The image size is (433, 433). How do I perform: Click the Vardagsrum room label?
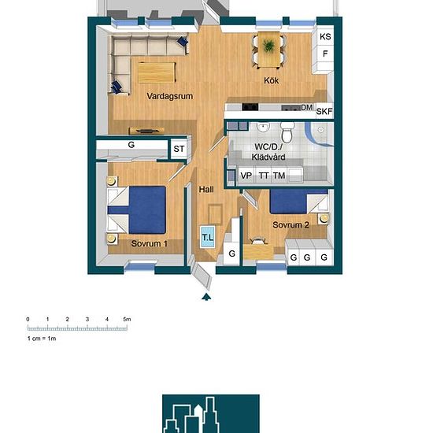tap(170, 96)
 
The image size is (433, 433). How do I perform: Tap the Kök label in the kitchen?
tap(271, 80)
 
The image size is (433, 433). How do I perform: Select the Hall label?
tap(206, 190)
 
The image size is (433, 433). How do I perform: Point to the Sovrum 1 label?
tap(149, 243)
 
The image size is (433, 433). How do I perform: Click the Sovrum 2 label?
tap(291, 225)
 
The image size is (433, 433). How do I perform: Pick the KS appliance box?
tap(325, 36)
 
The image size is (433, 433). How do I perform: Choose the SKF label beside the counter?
tap(324, 111)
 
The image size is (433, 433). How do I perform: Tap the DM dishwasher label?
tap(307, 107)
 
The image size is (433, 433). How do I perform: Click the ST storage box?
tap(179, 149)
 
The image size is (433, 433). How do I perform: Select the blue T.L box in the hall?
tap(208, 237)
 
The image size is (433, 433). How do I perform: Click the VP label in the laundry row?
tap(246, 176)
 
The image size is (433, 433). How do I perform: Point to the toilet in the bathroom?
tap(287, 133)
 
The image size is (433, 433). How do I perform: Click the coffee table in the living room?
tap(157, 72)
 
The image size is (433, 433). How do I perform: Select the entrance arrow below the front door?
tap(206, 297)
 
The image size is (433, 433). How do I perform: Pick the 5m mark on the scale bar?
tap(127, 319)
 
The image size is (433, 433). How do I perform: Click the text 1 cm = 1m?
tap(42, 339)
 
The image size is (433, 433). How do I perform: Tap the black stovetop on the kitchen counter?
tap(250, 107)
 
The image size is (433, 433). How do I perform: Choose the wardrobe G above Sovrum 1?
tap(131, 145)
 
